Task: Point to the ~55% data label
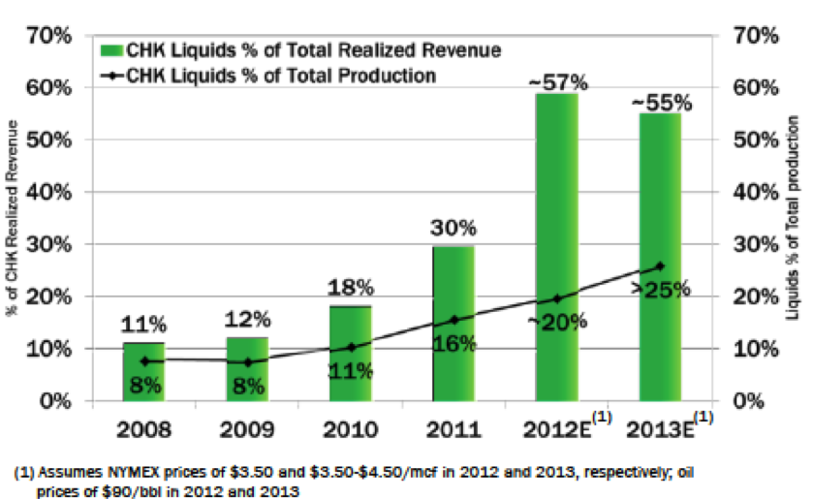tap(658, 102)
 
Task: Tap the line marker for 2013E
tap(659, 266)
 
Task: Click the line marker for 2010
tap(350, 347)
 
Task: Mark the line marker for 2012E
tap(556, 298)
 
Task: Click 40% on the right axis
tap(748, 192)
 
